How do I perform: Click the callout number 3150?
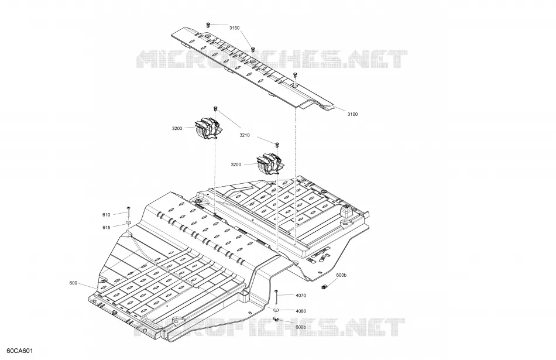(x=234, y=28)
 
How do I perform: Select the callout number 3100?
(x=352, y=114)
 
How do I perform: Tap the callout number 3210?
(x=244, y=135)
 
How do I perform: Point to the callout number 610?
(x=107, y=215)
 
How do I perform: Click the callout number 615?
(x=107, y=228)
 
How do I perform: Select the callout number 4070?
(x=301, y=296)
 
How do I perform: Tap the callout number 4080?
(x=301, y=311)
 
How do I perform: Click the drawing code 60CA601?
(x=20, y=351)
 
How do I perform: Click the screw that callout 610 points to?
(x=128, y=212)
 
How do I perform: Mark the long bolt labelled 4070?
(x=276, y=297)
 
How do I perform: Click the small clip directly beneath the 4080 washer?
(x=276, y=319)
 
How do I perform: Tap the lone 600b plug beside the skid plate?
(x=324, y=286)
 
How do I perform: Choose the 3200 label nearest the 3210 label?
(x=236, y=164)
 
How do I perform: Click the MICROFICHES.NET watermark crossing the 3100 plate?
(x=272, y=59)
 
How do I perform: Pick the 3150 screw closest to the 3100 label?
(x=295, y=75)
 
